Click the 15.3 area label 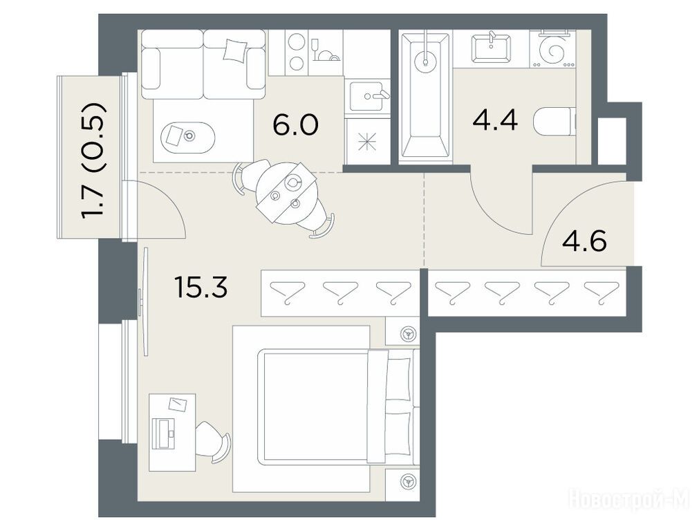point(201,287)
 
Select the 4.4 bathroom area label point(495,120)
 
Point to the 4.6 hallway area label point(584,241)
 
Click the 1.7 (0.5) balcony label point(93,160)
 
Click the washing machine point(552,49)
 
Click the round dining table point(286,193)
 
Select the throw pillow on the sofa point(234,50)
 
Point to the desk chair point(213,441)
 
